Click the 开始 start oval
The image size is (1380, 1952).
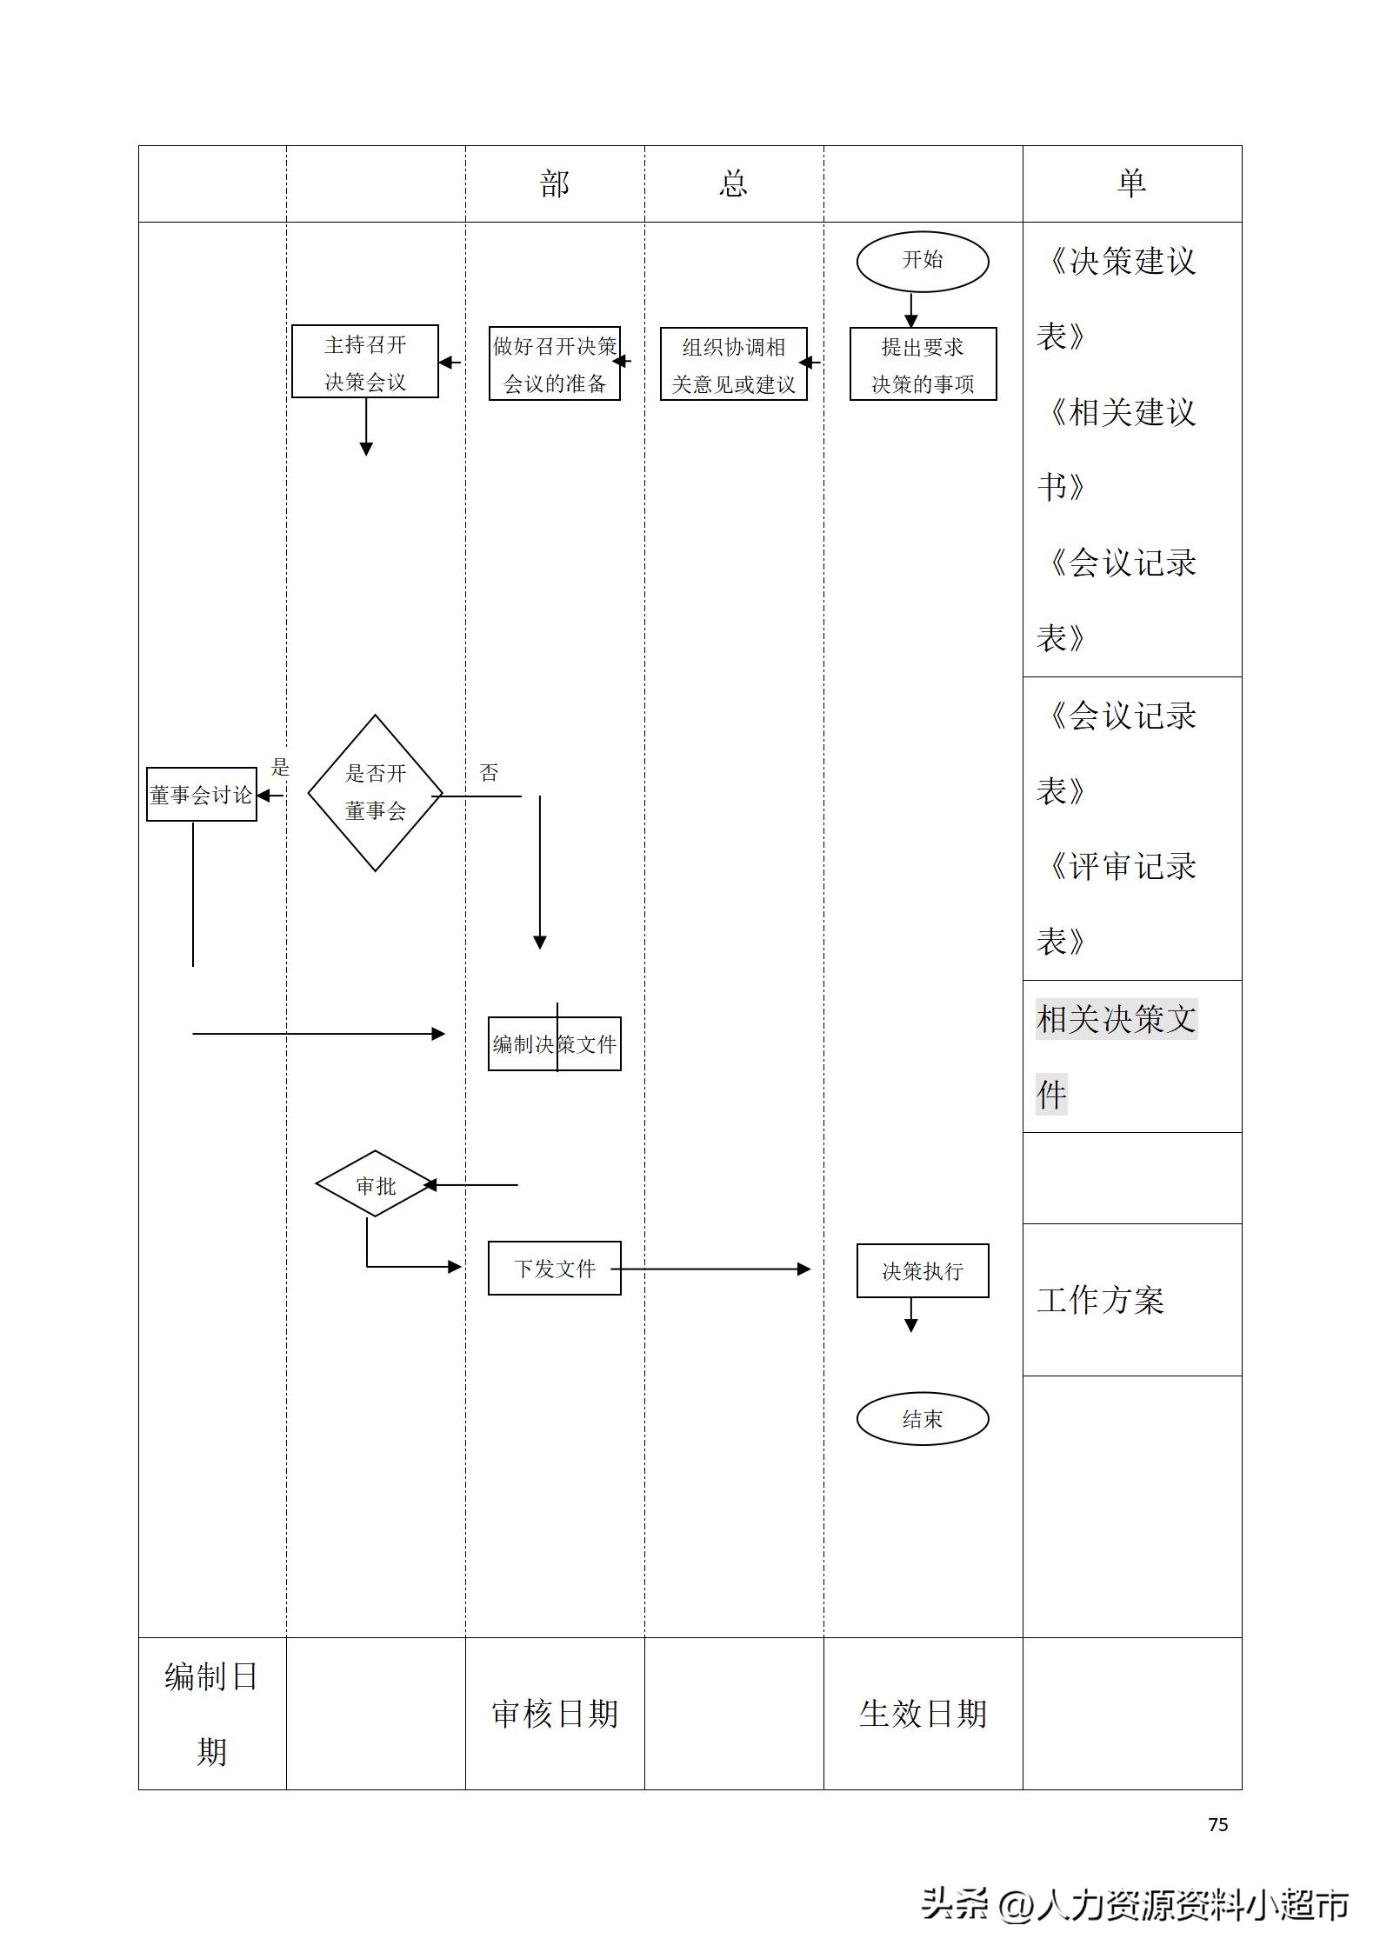click(x=922, y=260)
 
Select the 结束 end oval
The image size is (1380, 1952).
click(x=922, y=1419)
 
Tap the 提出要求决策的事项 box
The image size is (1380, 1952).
click(x=923, y=364)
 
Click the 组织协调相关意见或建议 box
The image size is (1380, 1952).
click(x=733, y=364)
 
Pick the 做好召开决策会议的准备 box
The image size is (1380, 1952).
click(x=554, y=363)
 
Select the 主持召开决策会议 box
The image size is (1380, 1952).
click(x=364, y=362)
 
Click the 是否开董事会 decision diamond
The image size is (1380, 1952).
click(x=375, y=792)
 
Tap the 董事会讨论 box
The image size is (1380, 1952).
click(x=201, y=794)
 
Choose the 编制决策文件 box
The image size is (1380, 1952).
click(x=554, y=1043)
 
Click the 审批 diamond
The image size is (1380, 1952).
click(x=375, y=1184)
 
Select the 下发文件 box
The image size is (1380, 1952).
click(x=554, y=1269)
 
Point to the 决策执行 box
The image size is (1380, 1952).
click(x=922, y=1271)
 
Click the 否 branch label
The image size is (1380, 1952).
click(x=489, y=772)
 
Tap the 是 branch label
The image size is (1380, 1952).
click(x=279, y=767)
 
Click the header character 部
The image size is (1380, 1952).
click(x=555, y=183)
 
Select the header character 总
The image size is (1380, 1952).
click(x=733, y=183)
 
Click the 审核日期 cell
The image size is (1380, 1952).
click(x=555, y=1714)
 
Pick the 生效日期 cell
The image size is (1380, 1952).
click(x=923, y=1714)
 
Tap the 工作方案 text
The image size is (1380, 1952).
click(x=1100, y=1300)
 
